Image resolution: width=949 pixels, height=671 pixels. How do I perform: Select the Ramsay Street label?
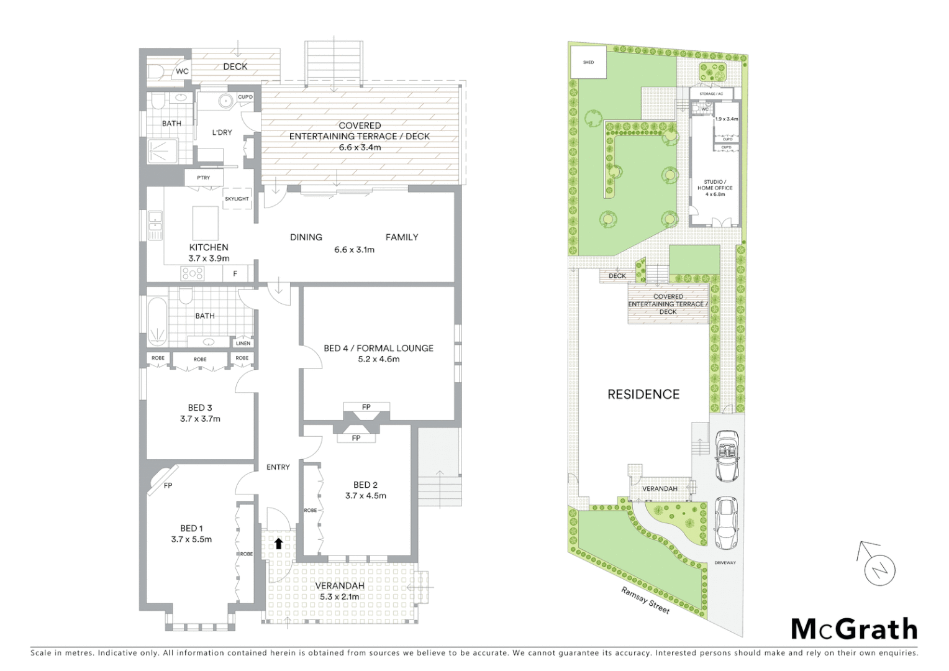point(645,601)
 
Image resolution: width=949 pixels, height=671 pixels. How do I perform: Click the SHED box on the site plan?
point(588,62)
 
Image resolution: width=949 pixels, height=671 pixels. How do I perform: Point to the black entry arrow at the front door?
point(278,543)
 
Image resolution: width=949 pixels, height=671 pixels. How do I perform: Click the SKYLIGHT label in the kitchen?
point(237,199)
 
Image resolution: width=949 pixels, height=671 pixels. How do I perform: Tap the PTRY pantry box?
point(204,178)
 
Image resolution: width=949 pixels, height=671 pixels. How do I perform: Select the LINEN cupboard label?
point(243,343)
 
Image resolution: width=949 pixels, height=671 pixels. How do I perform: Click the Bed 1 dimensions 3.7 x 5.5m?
point(191,539)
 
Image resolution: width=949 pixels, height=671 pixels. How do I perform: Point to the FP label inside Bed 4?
point(366,407)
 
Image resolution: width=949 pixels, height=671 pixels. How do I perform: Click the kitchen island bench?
point(206,222)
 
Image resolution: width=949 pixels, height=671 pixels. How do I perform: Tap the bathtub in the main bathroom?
point(158,322)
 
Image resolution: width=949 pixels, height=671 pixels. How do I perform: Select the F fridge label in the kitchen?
point(235,273)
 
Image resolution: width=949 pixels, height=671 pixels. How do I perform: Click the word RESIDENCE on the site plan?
point(643,394)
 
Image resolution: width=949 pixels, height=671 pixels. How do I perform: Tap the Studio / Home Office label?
point(715,188)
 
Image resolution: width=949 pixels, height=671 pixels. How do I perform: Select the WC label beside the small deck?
point(182,71)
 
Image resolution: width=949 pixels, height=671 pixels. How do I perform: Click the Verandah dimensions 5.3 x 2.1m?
point(340,596)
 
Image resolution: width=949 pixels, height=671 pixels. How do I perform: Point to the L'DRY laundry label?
point(222,132)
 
